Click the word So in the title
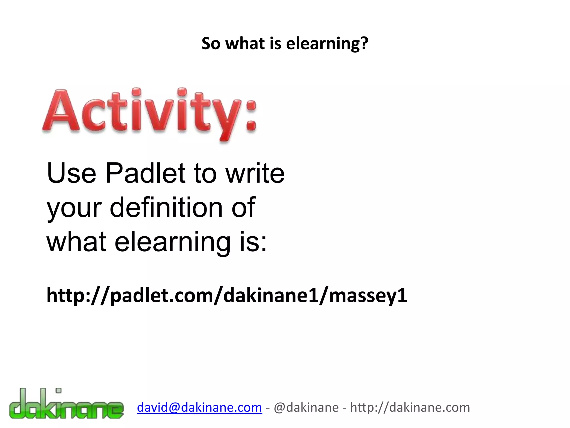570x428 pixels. point(211,44)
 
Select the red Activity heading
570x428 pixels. point(150,113)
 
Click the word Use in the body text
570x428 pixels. point(72,173)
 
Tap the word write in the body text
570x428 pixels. point(255,173)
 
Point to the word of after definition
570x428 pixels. point(243,207)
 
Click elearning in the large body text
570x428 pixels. point(173,242)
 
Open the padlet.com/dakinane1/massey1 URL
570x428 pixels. point(227,296)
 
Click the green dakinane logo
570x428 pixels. point(66,404)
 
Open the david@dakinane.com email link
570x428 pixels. point(199,408)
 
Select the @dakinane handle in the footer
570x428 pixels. point(306,408)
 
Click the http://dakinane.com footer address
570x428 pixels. point(410,408)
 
